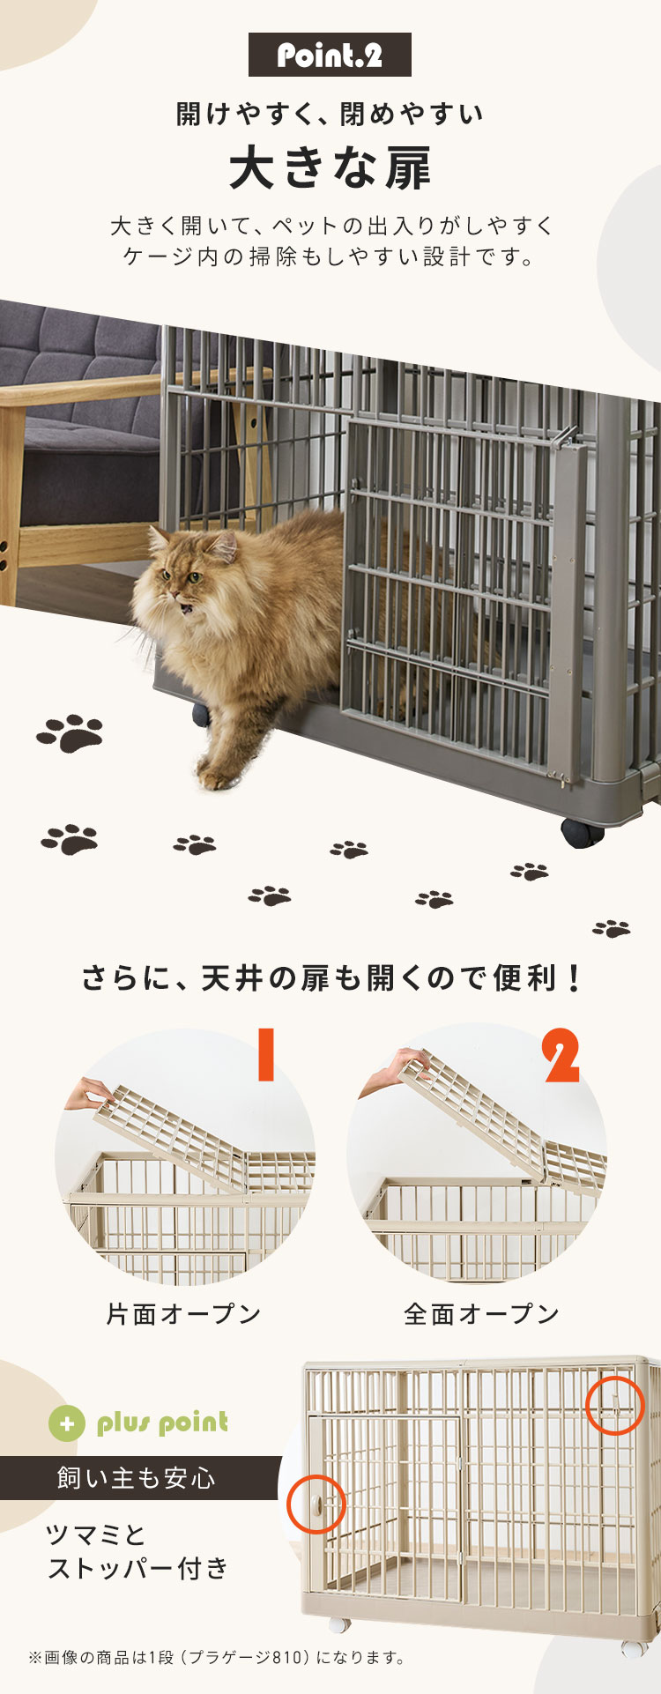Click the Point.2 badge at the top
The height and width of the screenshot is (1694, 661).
point(330,55)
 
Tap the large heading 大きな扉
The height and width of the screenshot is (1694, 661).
point(330,168)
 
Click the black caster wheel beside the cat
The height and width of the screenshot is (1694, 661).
point(202,713)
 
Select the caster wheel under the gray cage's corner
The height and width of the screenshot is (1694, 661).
point(582,832)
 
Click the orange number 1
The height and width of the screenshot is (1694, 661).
point(265,1053)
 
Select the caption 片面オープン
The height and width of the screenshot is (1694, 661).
point(183,1314)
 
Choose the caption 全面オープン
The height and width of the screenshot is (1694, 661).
point(481,1314)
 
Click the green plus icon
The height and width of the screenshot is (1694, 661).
point(67,1423)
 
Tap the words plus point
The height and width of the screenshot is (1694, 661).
point(162,1423)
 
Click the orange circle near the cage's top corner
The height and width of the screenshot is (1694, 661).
point(615,1405)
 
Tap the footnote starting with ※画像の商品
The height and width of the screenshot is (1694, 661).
point(217,1658)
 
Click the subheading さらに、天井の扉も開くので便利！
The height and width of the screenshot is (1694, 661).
point(330,978)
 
